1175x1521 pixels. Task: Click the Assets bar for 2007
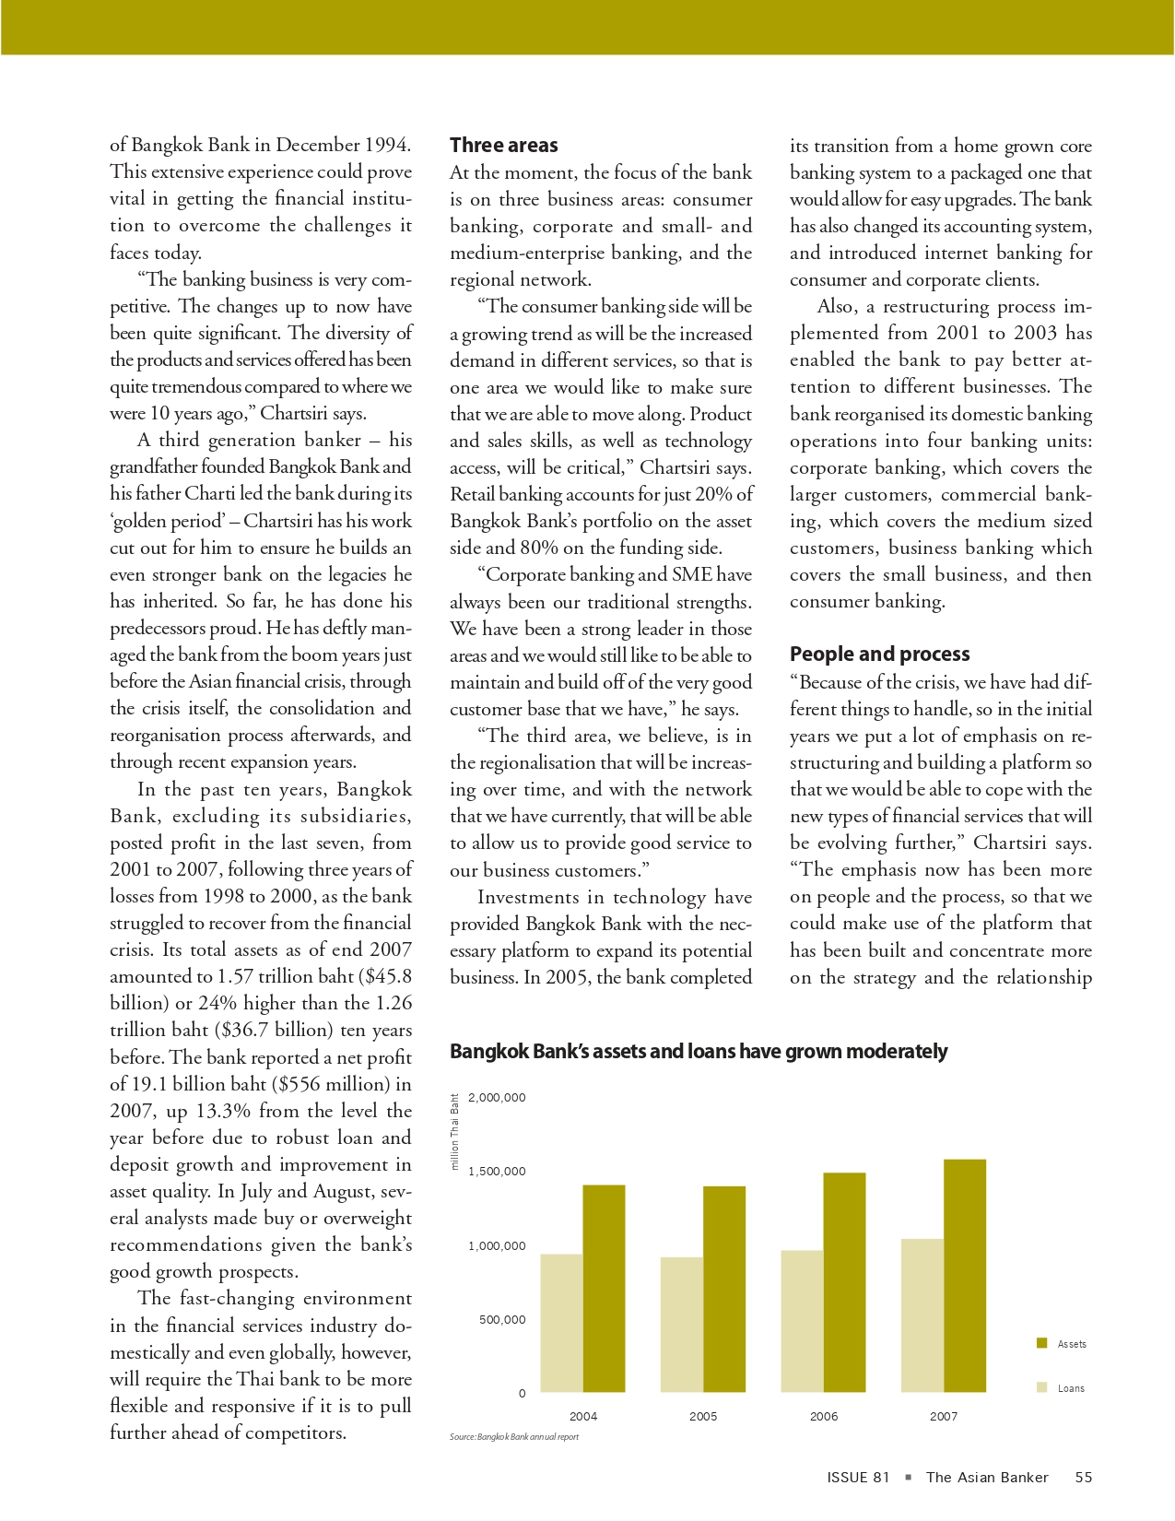pos(965,1276)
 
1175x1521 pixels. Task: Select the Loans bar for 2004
pos(561,1323)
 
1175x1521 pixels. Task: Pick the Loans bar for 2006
pos(802,1321)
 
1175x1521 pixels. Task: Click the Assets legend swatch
pos(1042,1343)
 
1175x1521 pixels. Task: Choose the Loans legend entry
pos(1070,1388)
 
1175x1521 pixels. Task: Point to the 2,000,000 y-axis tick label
pos(497,1098)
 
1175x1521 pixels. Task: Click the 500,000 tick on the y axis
pos(502,1320)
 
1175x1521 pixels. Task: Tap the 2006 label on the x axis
pos(823,1417)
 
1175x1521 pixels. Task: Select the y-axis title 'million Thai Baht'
pos(455,1132)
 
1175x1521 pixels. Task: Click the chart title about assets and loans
pos(699,1052)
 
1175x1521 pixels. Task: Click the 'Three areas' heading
pos(504,146)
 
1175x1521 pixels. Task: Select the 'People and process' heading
pos(879,654)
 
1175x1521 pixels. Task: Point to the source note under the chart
pos(514,1437)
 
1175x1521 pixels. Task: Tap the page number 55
pos(1084,1478)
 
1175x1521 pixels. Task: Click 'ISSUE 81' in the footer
pos(858,1478)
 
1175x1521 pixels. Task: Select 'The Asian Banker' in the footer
pos(987,1478)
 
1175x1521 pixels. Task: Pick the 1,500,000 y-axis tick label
pos(497,1172)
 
